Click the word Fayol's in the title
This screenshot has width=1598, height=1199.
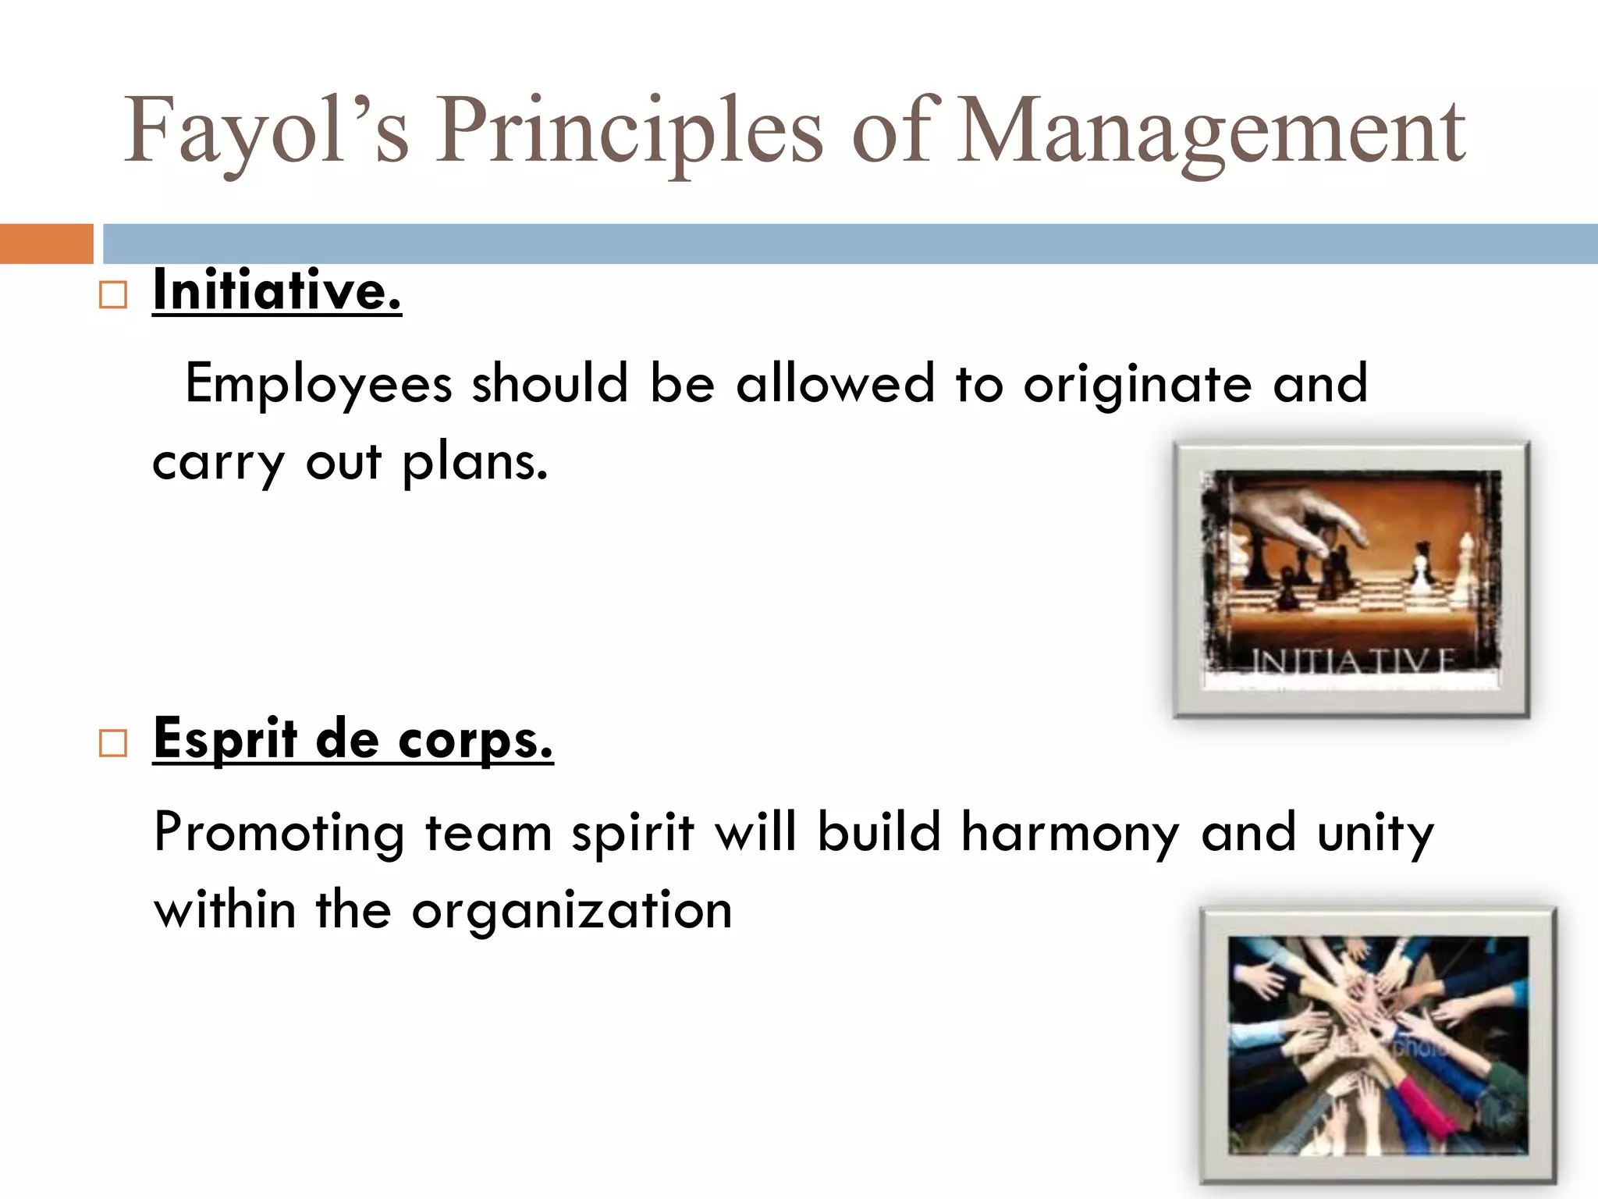tap(266, 131)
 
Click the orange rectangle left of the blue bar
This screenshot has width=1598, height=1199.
tap(46, 244)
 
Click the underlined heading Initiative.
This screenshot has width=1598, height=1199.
tap(277, 290)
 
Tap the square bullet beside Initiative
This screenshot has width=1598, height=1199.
tap(113, 296)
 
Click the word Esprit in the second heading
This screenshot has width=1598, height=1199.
tap(225, 738)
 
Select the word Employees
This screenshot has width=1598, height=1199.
tap(318, 384)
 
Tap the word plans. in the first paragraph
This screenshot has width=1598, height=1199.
tap(475, 463)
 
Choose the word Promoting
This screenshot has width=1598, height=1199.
tap(279, 833)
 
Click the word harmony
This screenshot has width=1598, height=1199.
tap(1070, 832)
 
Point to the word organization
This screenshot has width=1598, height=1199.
tap(572, 911)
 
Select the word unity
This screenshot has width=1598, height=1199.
tap(1376, 833)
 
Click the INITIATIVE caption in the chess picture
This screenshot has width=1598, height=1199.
tap(1352, 661)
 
